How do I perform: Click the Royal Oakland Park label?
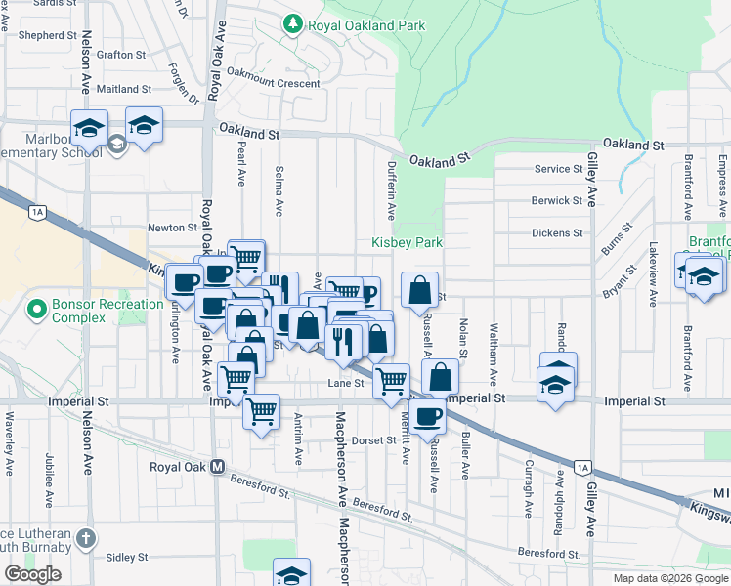point(366,25)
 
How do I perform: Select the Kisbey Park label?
point(407,242)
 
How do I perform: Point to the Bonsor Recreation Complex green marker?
point(38,311)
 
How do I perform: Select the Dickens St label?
point(557,233)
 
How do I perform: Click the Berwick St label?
point(557,200)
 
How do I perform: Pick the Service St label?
point(558,169)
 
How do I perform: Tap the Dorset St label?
point(374,440)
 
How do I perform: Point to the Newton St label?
point(172,228)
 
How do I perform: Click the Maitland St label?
point(124,89)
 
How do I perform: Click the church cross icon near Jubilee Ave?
point(87,538)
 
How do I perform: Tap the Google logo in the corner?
point(32,574)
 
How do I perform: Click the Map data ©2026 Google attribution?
point(670,578)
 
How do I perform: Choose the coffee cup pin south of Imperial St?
point(427,416)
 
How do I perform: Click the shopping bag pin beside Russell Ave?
point(419,290)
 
